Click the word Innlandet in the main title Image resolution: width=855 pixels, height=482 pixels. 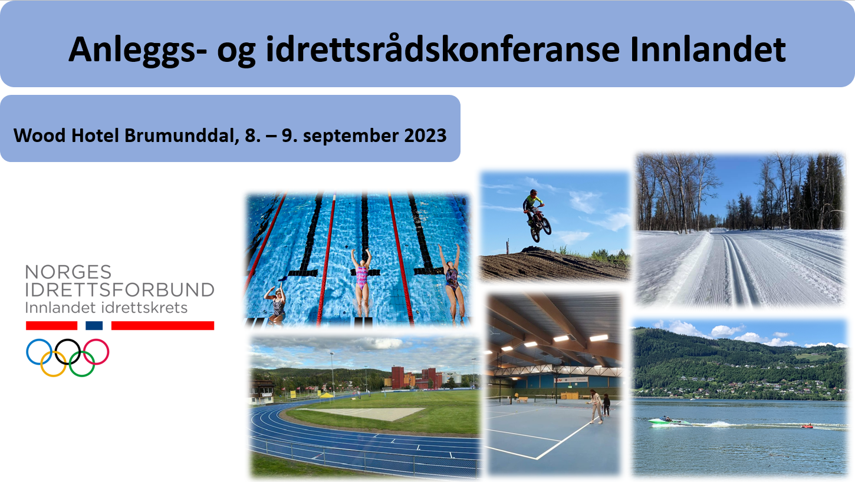[708, 49]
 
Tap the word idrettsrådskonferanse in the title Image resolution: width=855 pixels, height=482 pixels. [443, 49]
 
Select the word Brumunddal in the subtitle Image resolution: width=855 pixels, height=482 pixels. [182, 136]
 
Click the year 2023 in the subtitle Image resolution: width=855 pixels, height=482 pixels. [425, 136]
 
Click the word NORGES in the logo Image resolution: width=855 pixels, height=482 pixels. [68, 272]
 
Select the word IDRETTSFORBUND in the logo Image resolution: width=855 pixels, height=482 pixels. [120, 290]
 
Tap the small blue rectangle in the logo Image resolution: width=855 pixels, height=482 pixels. [94, 325]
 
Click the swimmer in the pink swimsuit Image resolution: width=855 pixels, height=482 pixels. [362, 282]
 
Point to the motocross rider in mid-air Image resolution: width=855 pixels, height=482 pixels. [535, 216]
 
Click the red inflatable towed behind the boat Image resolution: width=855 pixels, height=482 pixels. [807, 425]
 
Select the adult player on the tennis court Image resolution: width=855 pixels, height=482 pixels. [596, 407]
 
